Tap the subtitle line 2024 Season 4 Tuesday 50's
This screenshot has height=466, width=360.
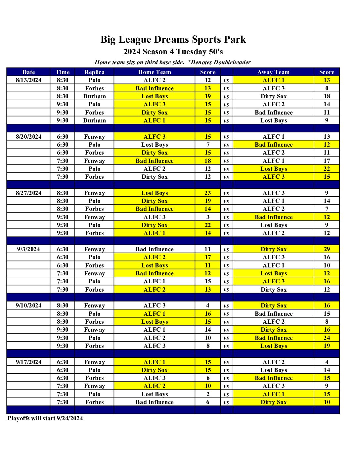173,52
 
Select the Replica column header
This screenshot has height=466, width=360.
94,72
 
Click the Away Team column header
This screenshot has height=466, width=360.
273,72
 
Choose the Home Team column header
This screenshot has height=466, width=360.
155,72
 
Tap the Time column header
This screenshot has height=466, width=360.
63,72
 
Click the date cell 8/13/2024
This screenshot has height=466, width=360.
28,80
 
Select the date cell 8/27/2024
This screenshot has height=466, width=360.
28,193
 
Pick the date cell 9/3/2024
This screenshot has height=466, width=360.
28,249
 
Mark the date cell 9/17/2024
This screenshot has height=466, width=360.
28,362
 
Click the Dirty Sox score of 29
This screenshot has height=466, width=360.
327,249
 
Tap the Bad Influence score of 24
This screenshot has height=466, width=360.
327,338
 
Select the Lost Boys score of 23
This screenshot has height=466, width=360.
208,193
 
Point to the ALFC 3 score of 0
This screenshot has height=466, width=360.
327,88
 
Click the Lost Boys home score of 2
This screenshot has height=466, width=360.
208,394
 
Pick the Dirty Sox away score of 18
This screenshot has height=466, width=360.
327,96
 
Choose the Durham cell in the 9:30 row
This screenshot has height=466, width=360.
94,120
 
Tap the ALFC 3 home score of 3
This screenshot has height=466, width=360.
208,217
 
